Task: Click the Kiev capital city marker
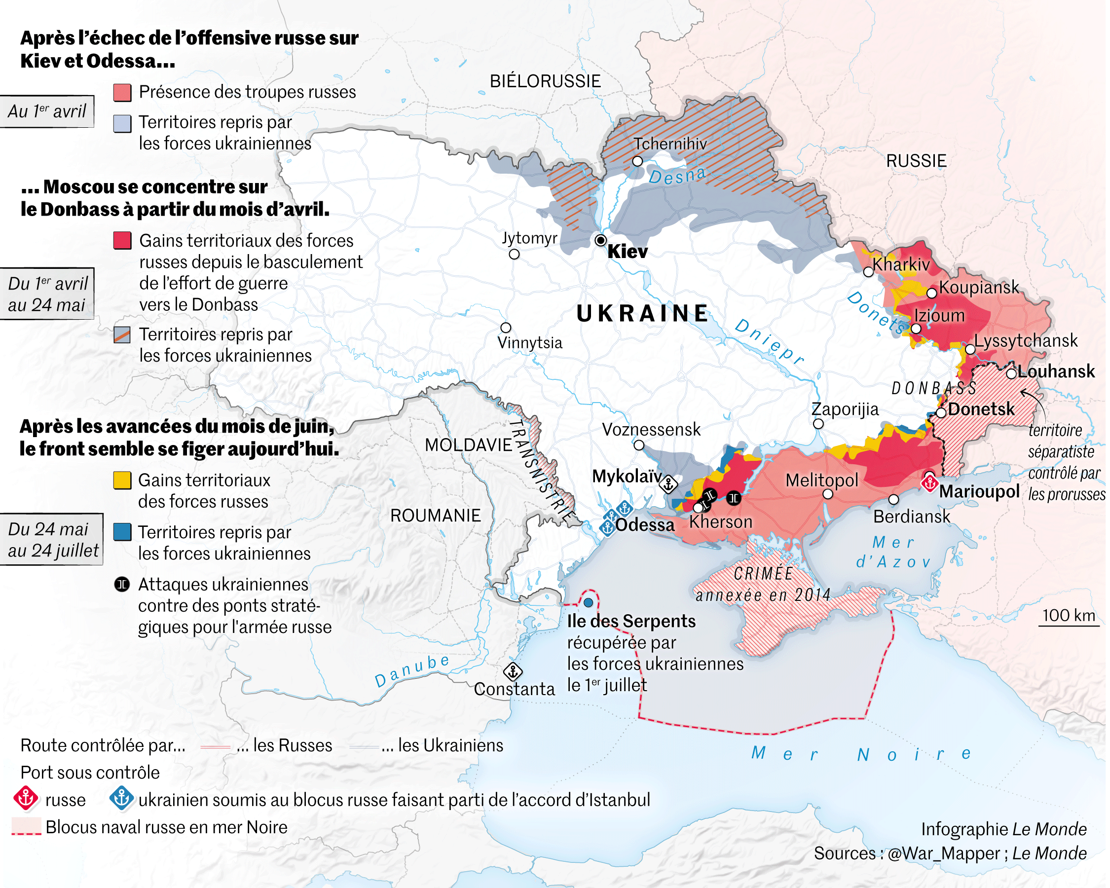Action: click(600, 240)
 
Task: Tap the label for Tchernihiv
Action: click(670, 144)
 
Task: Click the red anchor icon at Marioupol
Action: click(929, 483)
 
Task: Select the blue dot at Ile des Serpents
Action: click(589, 602)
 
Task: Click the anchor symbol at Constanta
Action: click(513, 671)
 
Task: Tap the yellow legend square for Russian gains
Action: click(122, 481)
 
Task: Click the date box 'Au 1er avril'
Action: click(47, 111)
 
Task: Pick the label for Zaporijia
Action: click(845, 409)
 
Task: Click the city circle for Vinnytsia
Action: click(506, 328)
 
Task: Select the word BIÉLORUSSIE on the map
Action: click(545, 81)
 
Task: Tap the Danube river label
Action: click(412, 671)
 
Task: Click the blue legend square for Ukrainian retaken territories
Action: click(122, 532)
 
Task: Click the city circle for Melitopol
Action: click(828, 494)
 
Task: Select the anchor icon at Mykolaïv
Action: click(668, 484)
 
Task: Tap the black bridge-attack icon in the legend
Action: click(122, 585)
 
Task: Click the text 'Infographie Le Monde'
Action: click(1003, 829)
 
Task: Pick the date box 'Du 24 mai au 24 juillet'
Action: click(51, 540)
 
